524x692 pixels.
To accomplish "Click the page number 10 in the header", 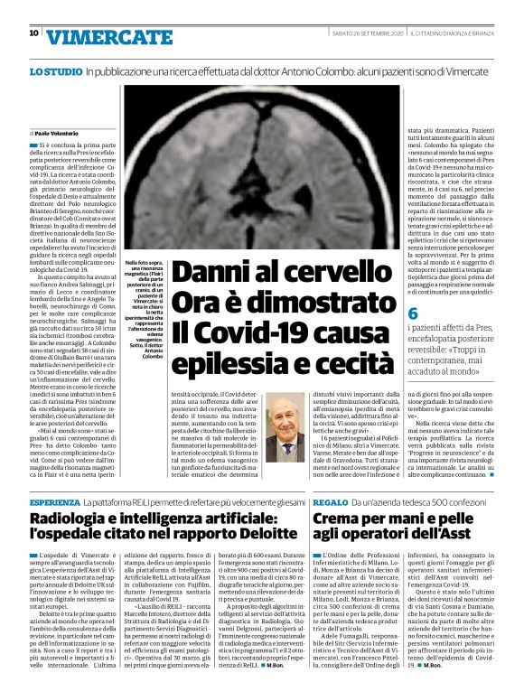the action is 33,33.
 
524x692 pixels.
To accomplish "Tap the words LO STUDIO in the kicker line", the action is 55,70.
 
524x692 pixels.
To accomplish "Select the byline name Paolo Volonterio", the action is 61,132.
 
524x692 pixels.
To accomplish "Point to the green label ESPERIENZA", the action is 53,500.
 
